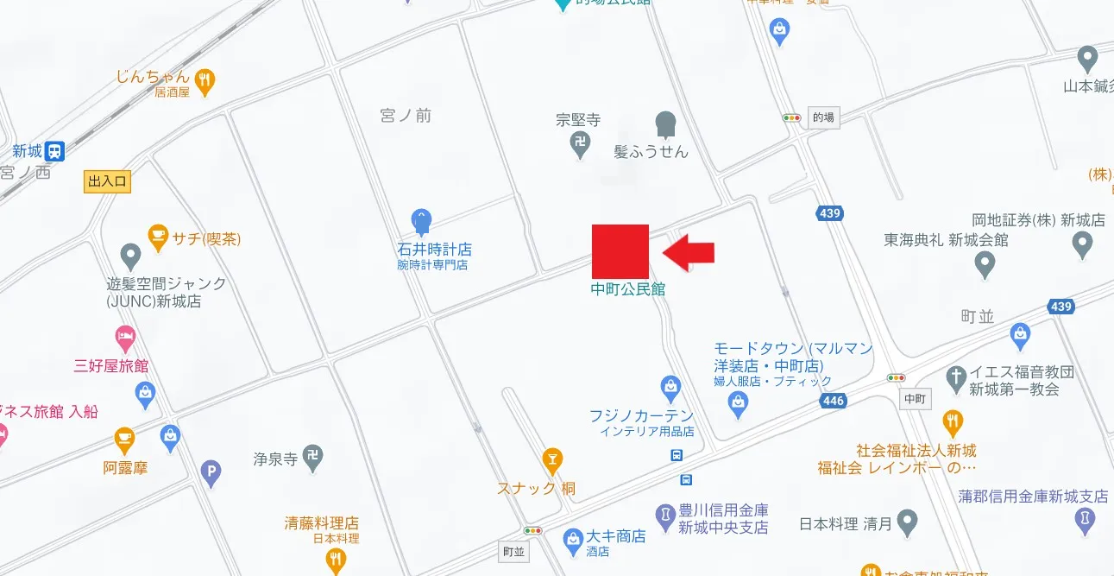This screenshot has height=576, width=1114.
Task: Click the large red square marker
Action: (x=620, y=251)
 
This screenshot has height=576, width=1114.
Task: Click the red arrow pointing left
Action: (x=689, y=251)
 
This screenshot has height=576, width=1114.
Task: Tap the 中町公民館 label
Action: (x=628, y=290)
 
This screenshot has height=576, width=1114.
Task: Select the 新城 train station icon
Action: (x=54, y=151)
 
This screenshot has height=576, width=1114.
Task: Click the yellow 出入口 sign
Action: (x=107, y=181)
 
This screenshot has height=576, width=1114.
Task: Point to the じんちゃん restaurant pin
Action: (x=205, y=81)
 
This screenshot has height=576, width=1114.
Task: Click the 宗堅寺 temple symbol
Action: (x=582, y=143)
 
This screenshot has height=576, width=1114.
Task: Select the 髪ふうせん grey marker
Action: (x=665, y=124)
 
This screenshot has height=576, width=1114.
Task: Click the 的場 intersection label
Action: (x=823, y=118)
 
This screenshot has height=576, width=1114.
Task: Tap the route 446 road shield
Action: (x=834, y=401)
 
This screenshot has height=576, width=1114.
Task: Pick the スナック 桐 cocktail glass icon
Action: (x=552, y=459)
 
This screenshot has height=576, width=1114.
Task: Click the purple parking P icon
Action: (x=211, y=472)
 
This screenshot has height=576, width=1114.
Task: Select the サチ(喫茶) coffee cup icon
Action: (x=157, y=235)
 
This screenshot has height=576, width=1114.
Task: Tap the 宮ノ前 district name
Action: (x=406, y=116)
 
